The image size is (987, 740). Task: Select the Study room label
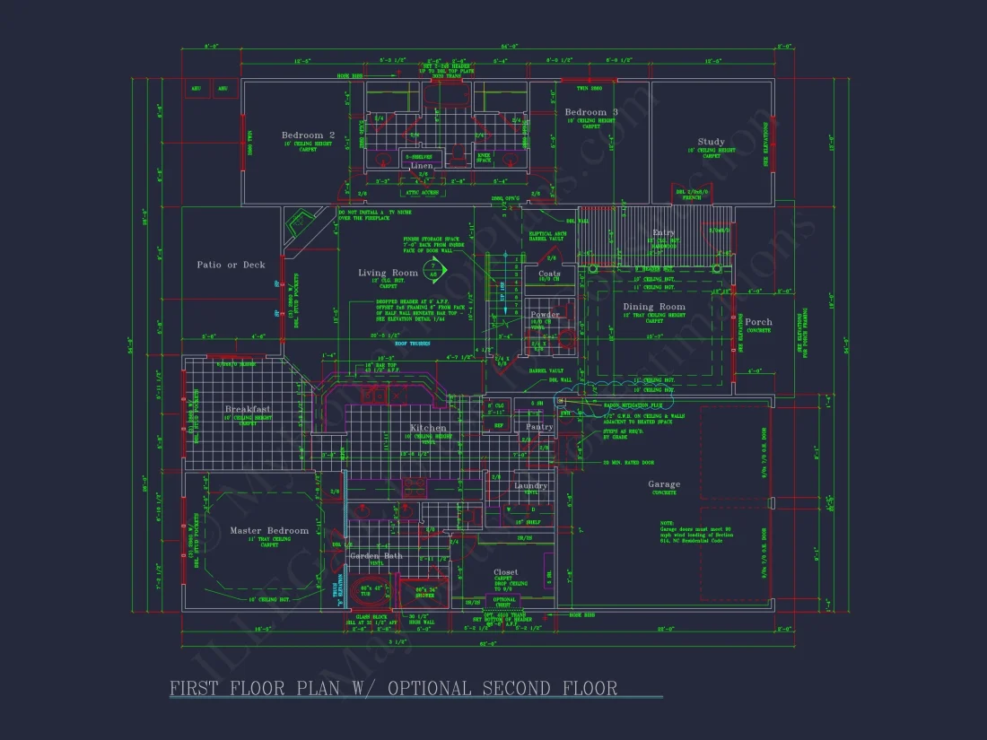pos(711,142)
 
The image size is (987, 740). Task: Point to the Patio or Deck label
pos(231,265)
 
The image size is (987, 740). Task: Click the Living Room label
pos(388,273)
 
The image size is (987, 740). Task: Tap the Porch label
pos(758,322)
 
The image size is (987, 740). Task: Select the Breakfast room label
pos(249,409)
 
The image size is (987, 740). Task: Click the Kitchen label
pos(428,428)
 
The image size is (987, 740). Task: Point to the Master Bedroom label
pos(268,530)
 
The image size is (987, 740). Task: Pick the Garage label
pos(664,484)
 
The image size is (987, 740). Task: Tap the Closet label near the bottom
pos(506,571)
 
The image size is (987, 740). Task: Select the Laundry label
pos(530,485)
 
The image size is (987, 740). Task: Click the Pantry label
pos(539,427)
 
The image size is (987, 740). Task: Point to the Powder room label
pos(545,314)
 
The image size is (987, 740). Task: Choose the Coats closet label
pos(549,274)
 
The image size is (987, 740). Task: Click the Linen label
pos(422,166)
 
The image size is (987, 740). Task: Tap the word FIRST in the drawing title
pos(203,689)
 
